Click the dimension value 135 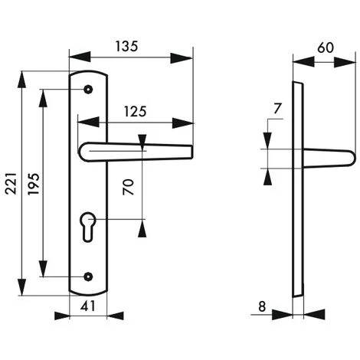[x=128, y=46]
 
